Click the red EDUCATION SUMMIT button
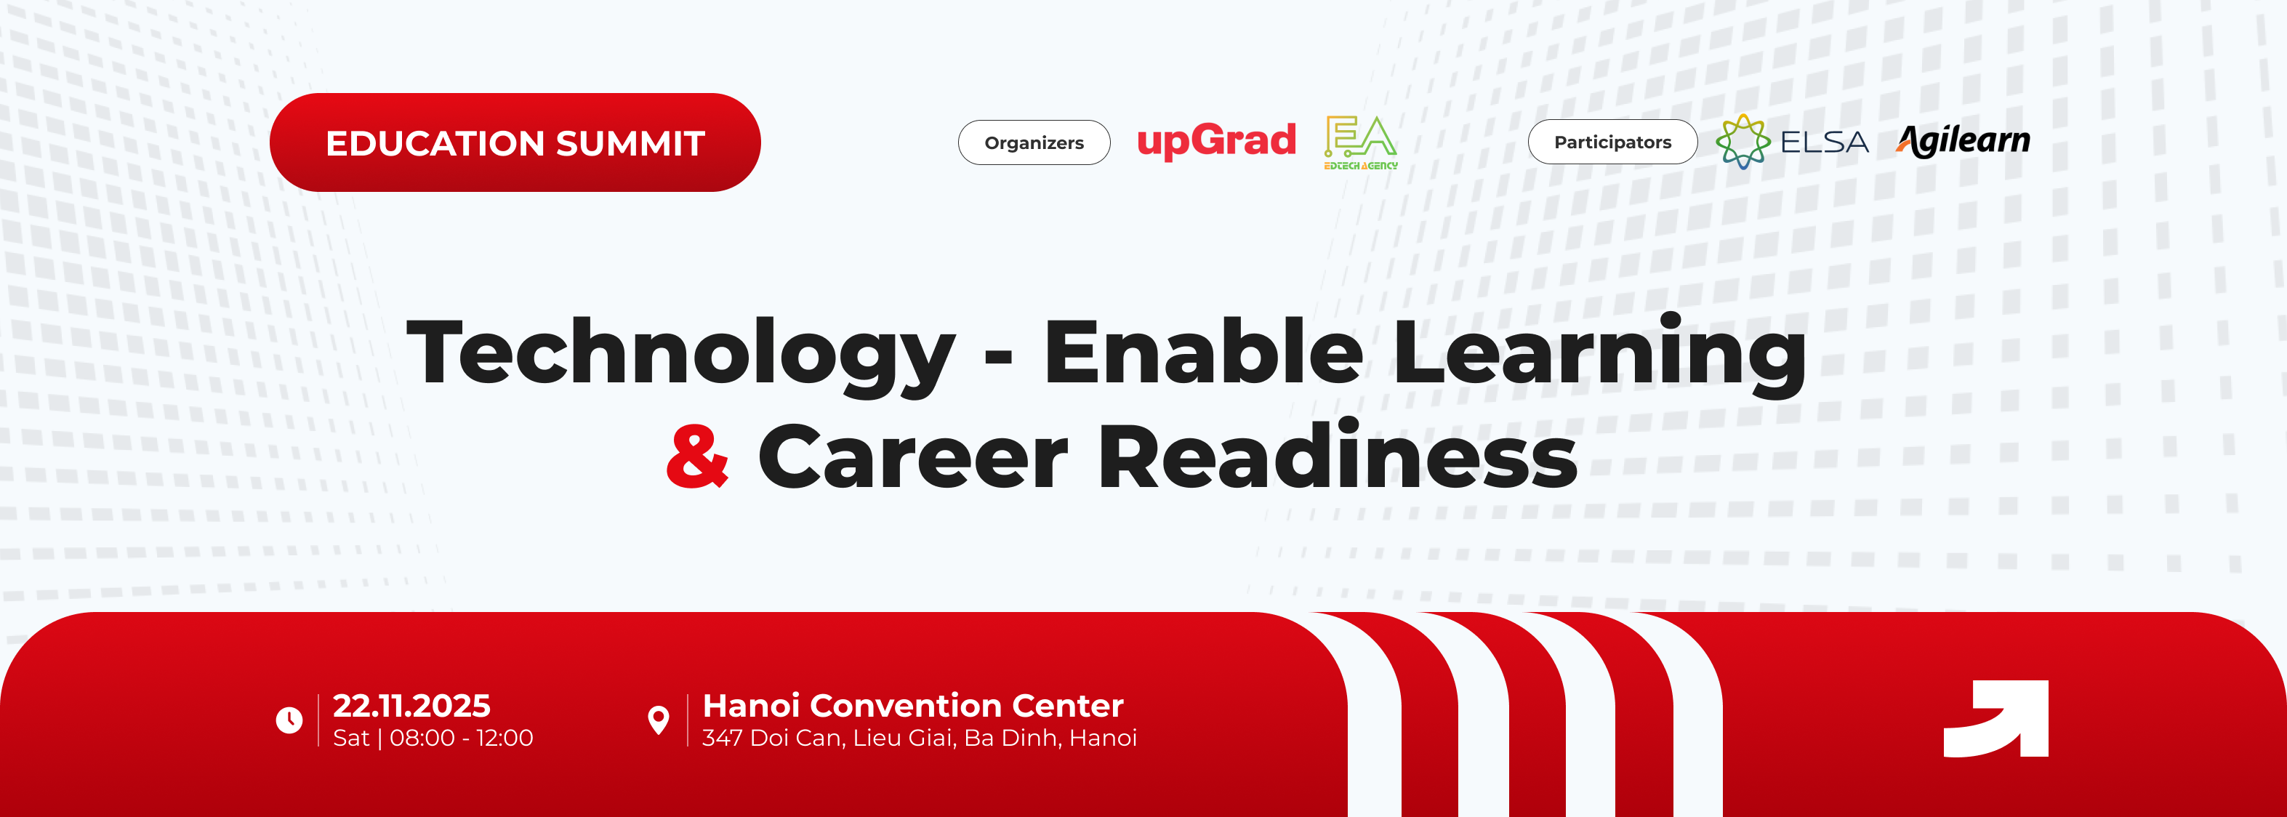(x=515, y=142)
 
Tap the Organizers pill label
(x=1034, y=142)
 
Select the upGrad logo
(x=1216, y=141)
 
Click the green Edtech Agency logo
(x=1361, y=142)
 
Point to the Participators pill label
(x=1612, y=142)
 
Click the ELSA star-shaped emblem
(x=1743, y=141)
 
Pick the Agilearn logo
(x=1963, y=141)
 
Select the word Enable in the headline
(x=1203, y=351)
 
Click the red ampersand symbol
(x=698, y=456)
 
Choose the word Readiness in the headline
(x=1338, y=455)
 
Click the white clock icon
(x=289, y=720)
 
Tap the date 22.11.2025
(x=411, y=705)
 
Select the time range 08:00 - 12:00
(x=462, y=738)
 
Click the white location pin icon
(x=659, y=720)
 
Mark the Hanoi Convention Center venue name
(x=912, y=705)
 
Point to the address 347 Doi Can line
(x=919, y=738)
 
